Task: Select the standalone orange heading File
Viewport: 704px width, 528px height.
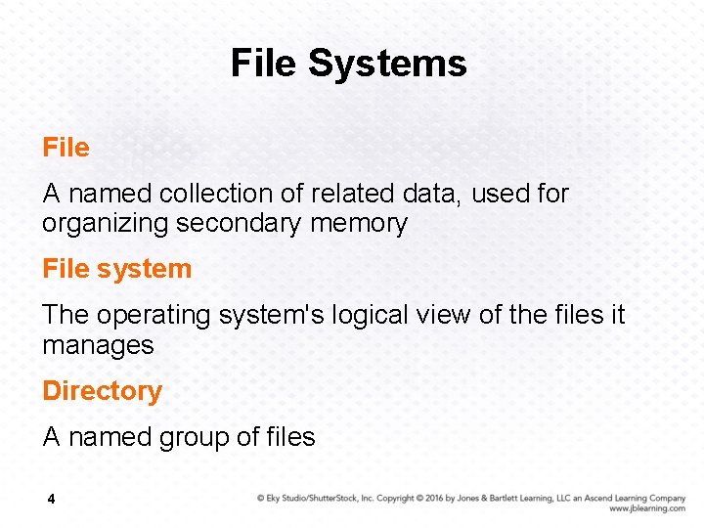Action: [x=66, y=148]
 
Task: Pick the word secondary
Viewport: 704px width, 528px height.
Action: [x=239, y=224]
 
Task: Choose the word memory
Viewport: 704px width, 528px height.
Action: [x=358, y=224]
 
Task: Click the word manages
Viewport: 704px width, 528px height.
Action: [x=98, y=345]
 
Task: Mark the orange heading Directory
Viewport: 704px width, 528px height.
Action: [x=102, y=391]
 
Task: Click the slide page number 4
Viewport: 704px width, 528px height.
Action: [x=51, y=500]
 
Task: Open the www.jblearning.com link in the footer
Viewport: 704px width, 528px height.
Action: [x=646, y=508]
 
